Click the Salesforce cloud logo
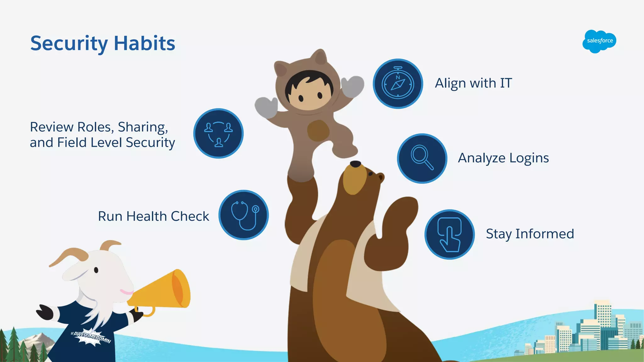coord(599,41)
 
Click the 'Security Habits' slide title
coord(103,43)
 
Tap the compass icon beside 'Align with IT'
coord(398,84)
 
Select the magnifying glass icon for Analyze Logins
coord(422,158)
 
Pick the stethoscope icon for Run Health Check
coord(243,215)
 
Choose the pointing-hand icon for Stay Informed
coord(449,234)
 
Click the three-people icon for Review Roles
coord(218,134)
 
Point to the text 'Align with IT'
coord(473,83)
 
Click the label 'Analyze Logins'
coord(503,158)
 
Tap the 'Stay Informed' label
coord(530,234)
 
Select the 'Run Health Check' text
coord(153,216)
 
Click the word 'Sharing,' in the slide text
coord(143,127)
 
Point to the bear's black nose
coord(355,164)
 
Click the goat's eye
coord(96,270)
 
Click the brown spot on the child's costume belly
coord(318,130)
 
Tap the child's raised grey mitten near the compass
coord(353,85)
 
